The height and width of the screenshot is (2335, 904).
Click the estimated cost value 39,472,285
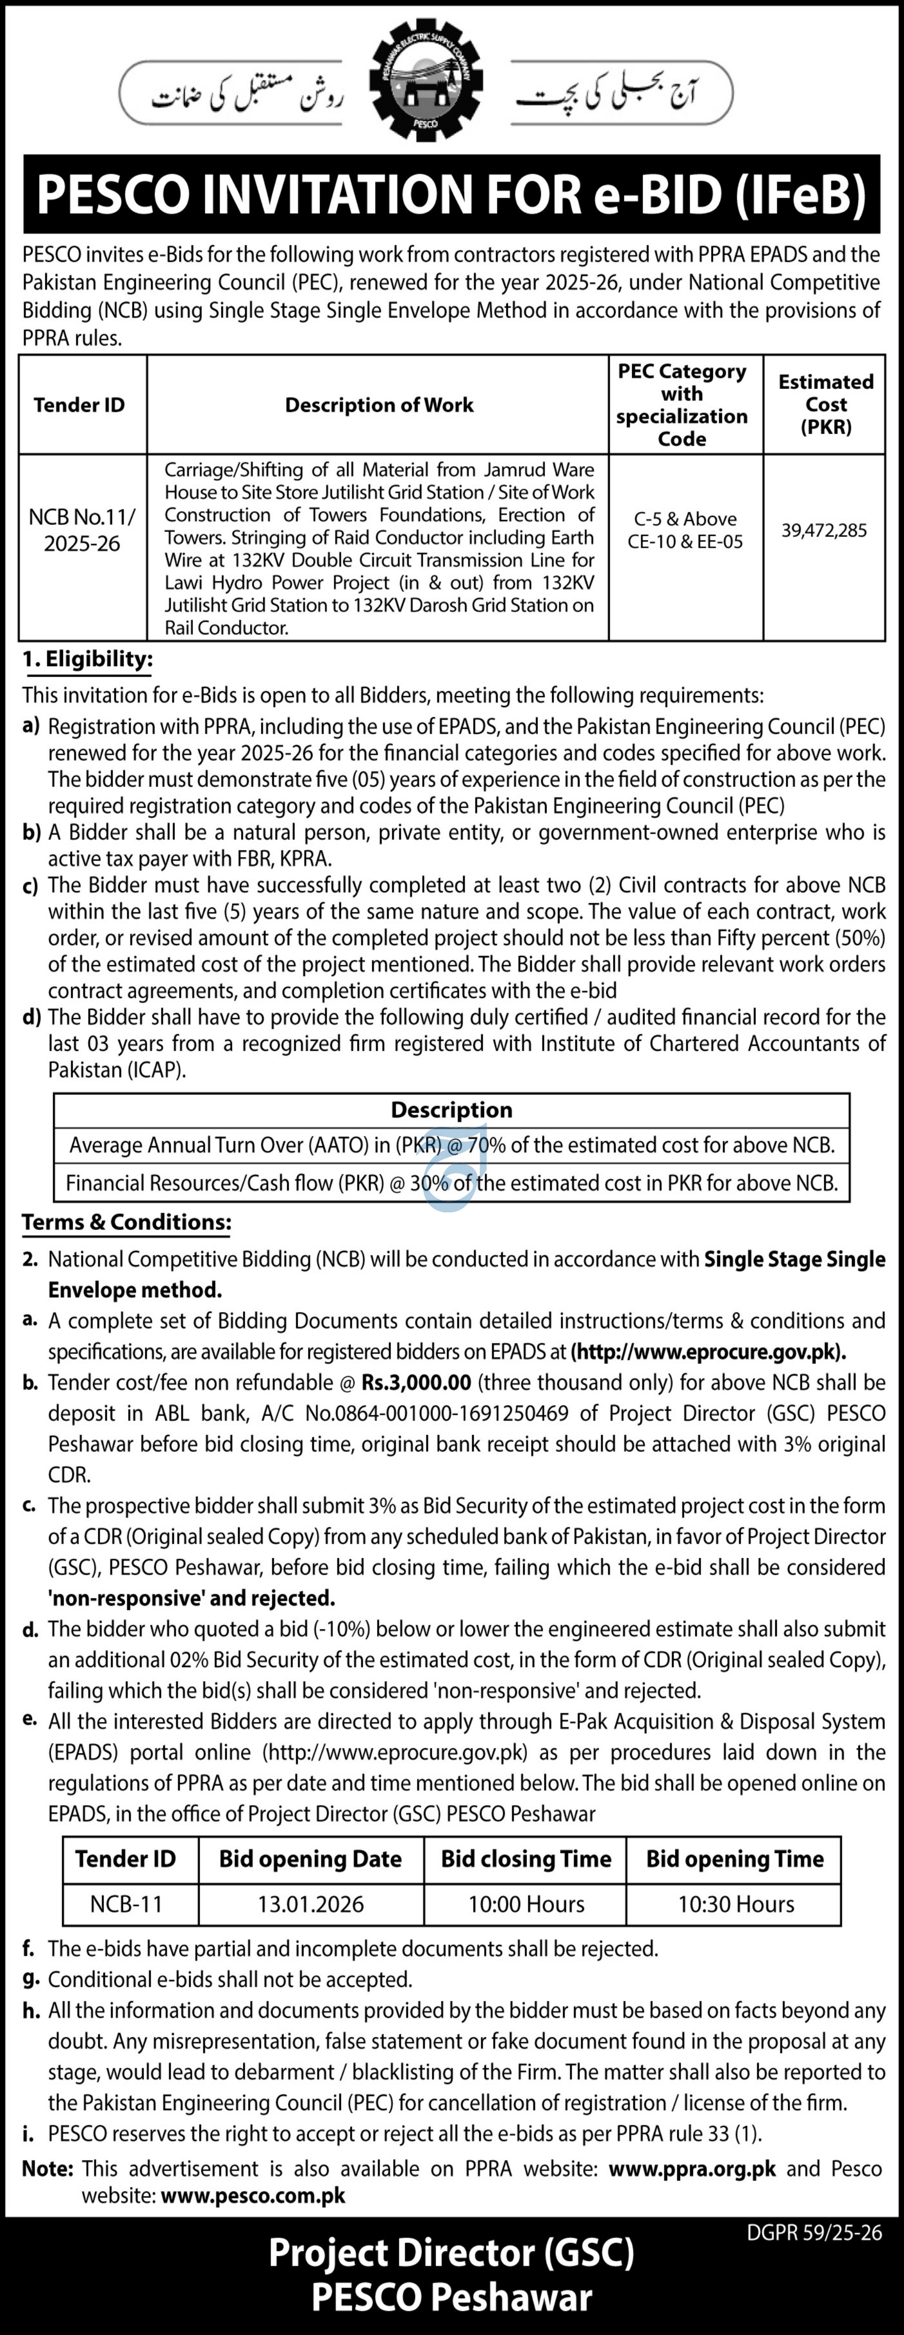point(824,530)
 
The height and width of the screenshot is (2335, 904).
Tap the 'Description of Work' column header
point(379,404)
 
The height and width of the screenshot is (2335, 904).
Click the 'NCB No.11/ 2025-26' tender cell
point(81,530)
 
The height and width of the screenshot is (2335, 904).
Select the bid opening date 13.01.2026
point(310,1903)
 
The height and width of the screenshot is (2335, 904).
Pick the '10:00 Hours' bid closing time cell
point(526,1903)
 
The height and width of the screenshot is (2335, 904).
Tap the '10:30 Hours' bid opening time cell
point(735,1903)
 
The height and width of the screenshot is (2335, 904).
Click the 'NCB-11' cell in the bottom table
point(125,1903)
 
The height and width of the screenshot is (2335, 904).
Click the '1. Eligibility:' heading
point(88,659)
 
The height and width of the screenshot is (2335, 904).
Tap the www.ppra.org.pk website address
point(692,2168)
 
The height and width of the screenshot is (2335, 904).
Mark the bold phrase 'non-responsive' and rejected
point(191,1597)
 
